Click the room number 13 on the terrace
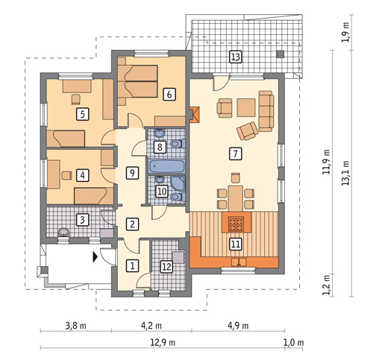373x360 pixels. click(x=235, y=57)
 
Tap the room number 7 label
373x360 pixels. click(x=235, y=154)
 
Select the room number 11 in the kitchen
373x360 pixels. click(x=235, y=244)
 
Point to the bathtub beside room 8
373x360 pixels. click(x=166, y=166)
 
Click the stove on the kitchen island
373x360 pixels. click(x=236, y=223)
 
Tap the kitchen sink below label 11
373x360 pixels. click(x=239, y=262)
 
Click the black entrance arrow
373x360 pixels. click(x=95, y=257)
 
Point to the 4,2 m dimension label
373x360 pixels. click(x=151, y=326)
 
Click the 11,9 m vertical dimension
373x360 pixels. click(x=327, y=162)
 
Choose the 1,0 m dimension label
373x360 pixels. click(x=294, y=343)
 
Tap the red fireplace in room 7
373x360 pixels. click(x=195, y=115)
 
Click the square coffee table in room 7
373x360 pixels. click(x=246, y=107)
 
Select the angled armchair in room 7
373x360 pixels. click(x=247, y=131)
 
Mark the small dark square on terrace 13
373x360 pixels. click(x=280, y=54)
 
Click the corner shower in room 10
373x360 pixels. click(x=178, y=184)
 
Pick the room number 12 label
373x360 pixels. click(x=167, y=267)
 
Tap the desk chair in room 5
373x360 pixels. click(x=76, y=99)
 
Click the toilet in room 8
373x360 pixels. click(x=178, y=143)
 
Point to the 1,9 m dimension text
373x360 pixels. click(x=345, y=33)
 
